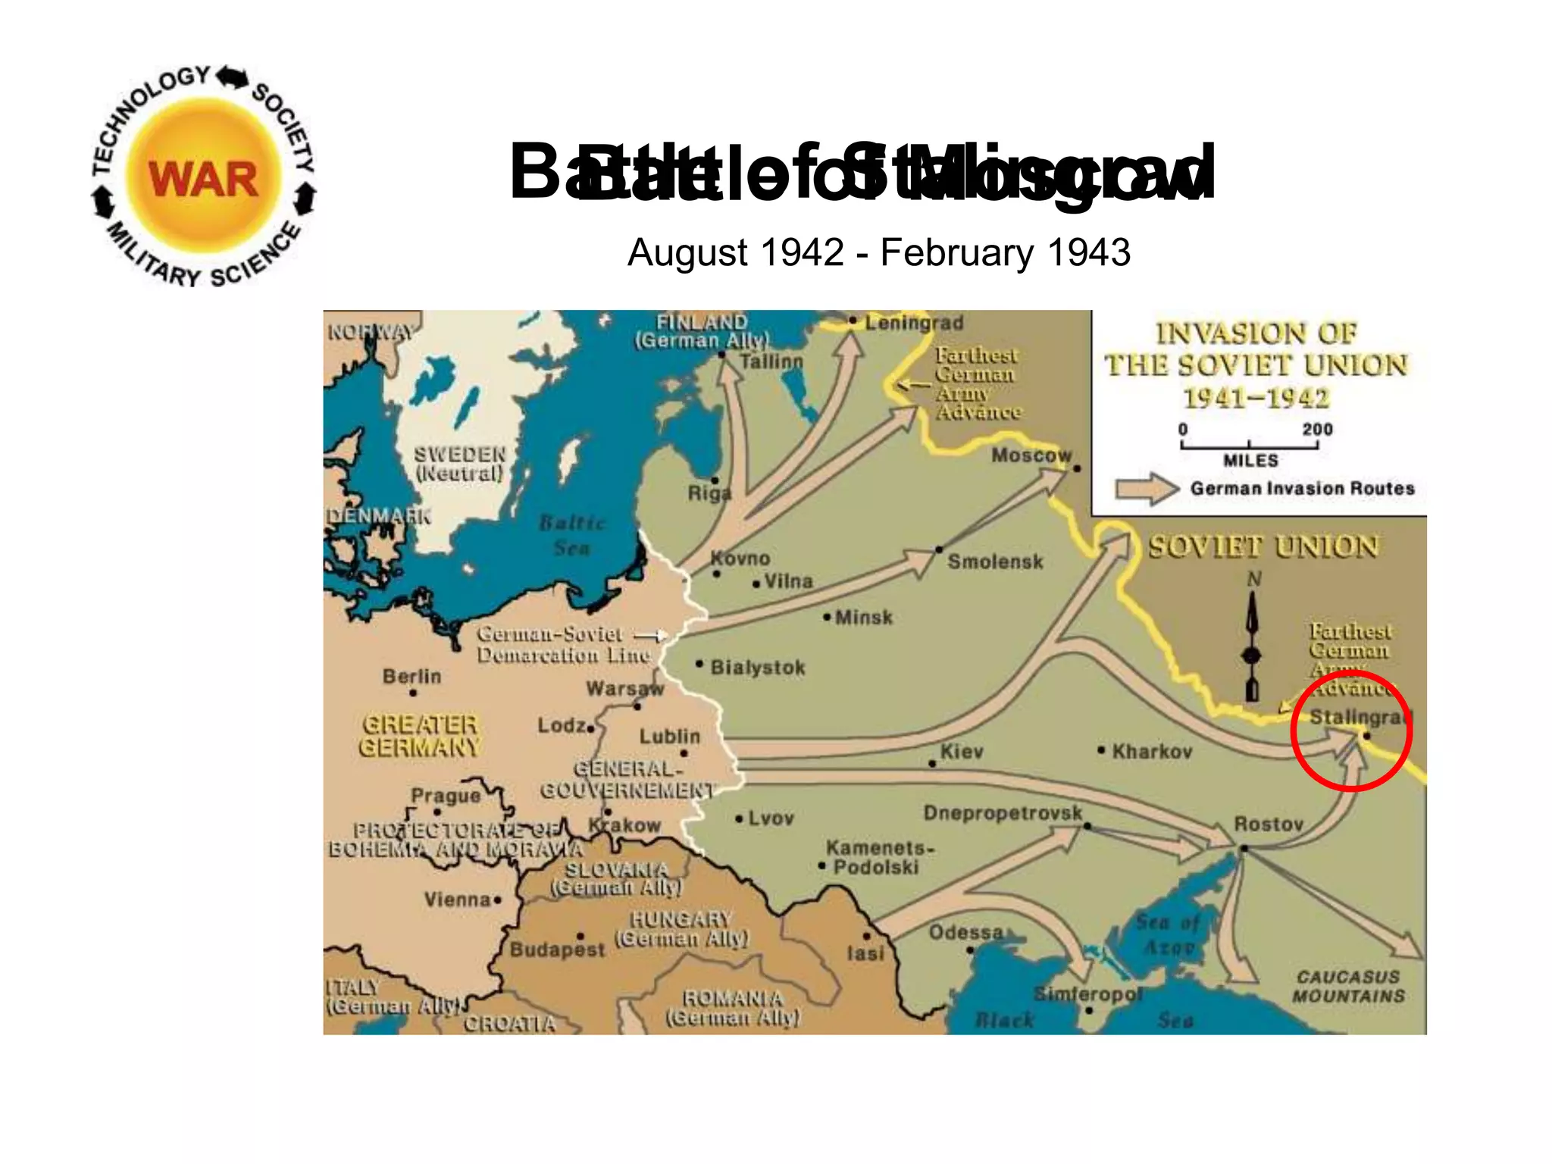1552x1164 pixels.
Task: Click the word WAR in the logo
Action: click(x=203, y=180)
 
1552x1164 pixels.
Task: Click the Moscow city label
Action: click(x=1031, y=455)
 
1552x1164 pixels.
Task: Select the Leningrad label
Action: click(x=914, y=324)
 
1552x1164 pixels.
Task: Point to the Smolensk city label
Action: click(x=995, y=562)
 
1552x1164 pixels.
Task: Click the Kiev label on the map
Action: click(x=962, y=752)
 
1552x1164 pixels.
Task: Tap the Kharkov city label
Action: click(x=1152, y=752)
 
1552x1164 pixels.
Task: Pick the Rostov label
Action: click(x=1269, y=824)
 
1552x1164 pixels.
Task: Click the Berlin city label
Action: click(x=411, y=676)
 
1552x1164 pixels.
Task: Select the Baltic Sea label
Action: click(x=572, y=535)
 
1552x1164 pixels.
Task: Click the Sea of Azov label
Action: click(x=1168, y=934)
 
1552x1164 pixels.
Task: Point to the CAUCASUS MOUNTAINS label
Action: click(x=1348, y=987)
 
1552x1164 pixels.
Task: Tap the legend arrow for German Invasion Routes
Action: click(x=1147, y=489)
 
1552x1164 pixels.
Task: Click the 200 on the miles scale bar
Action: click(x=1317, y=429)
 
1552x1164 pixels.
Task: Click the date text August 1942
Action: click(x=735, y=252)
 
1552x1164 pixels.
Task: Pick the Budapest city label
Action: click(x=557, y=950)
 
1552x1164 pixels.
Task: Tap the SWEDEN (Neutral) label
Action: click(x=459, y=464)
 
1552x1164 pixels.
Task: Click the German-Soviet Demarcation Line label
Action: click(x=563, y=644)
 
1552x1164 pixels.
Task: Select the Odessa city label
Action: click(x=965, y=932)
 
